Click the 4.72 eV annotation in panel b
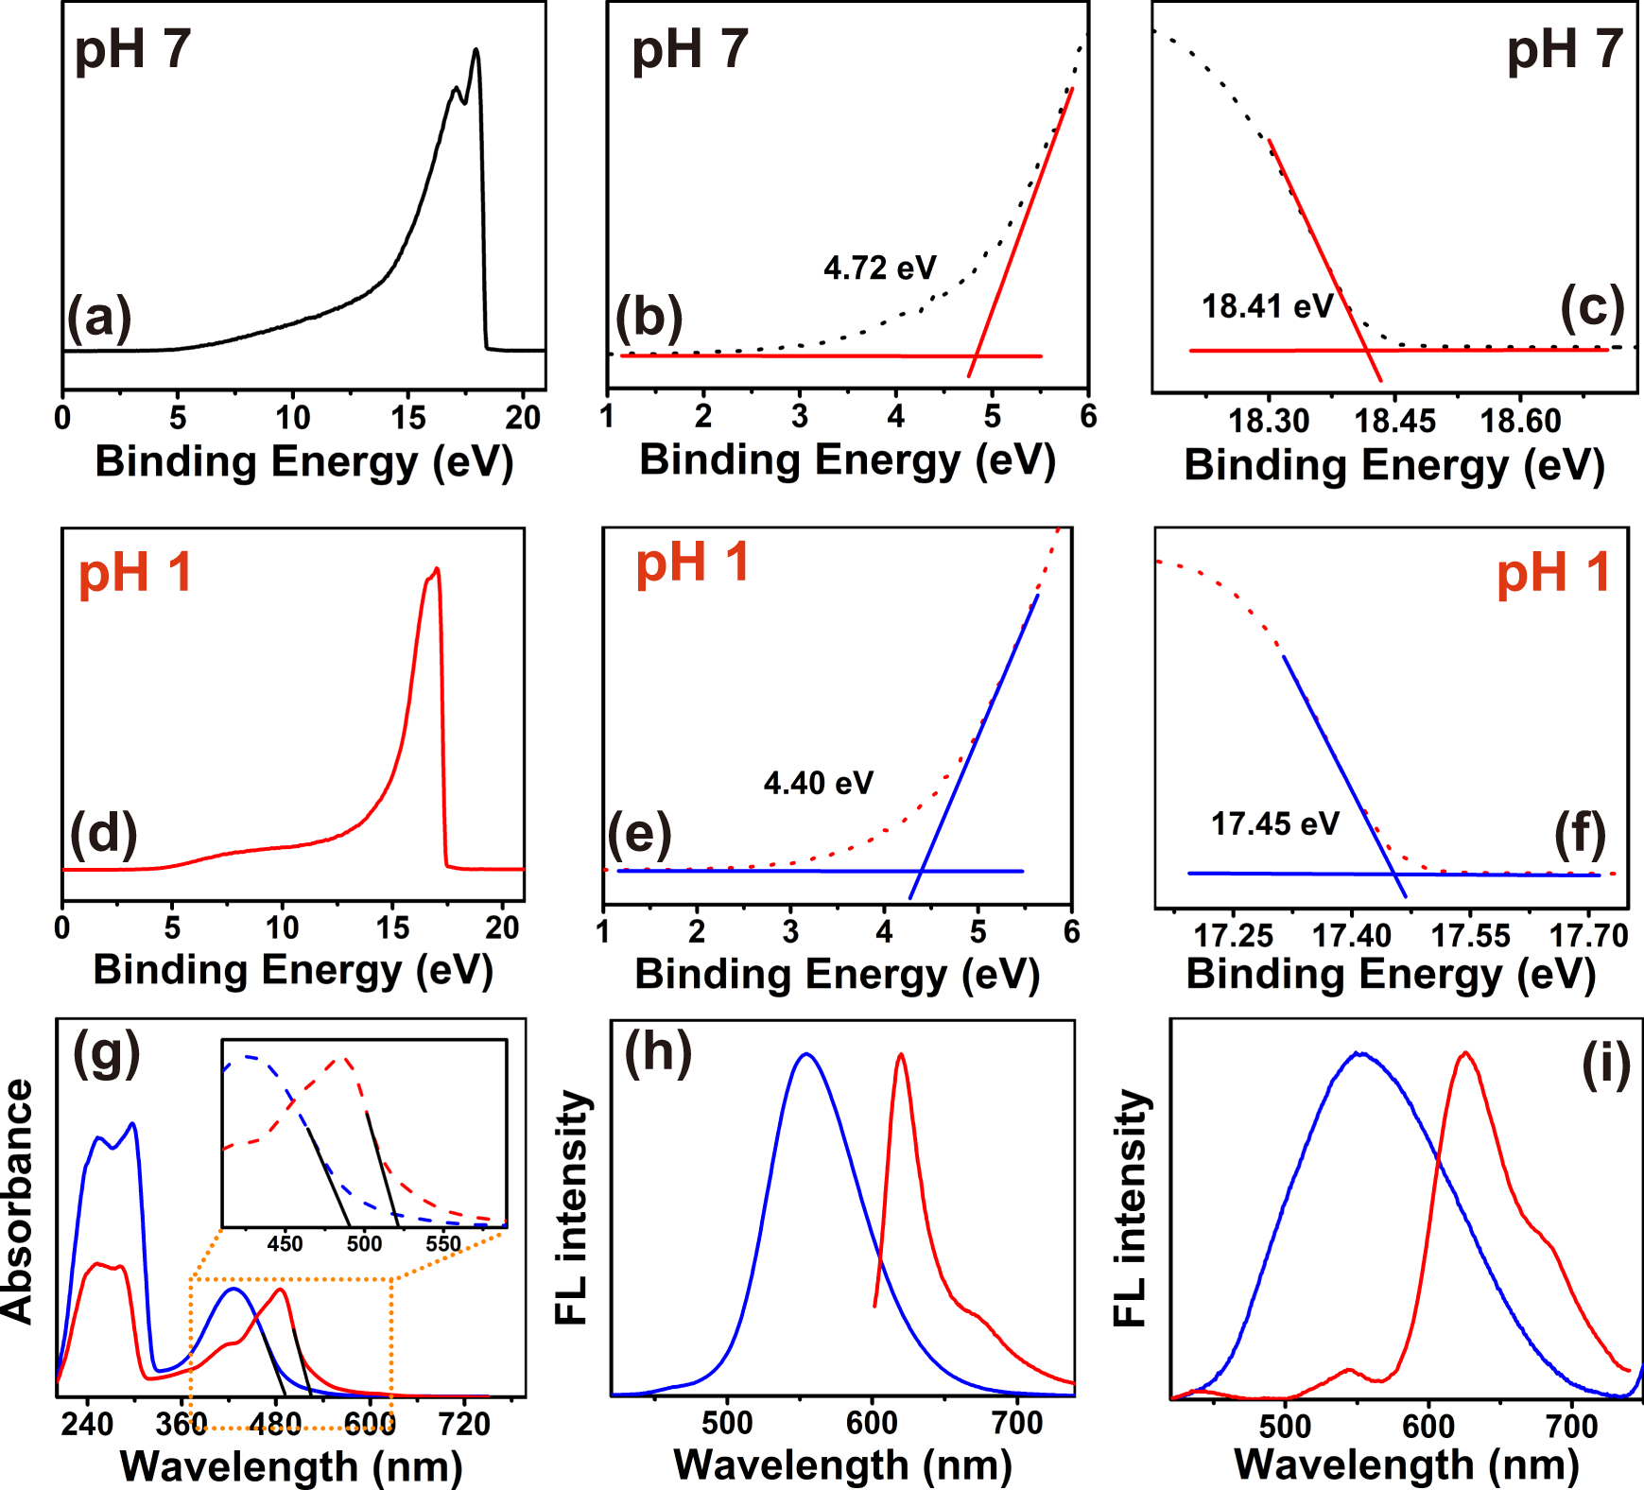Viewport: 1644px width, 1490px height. pos(879,269)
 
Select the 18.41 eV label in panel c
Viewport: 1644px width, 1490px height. pos(1266,307)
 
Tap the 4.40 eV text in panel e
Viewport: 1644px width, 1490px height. pos(818,784)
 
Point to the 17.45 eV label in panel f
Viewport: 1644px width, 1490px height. pos(1274,824)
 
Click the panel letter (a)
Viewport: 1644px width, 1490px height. pos(98,318)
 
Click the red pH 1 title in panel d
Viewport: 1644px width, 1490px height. pos(135,573)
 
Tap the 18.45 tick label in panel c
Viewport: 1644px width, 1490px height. pos(1394,422)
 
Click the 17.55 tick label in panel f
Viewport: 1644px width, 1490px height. pos(1470,936)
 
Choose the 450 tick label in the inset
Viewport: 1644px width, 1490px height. pos(285,1243)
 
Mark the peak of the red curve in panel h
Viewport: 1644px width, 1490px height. pos(901,1054)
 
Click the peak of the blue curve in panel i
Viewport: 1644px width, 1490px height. pos(1359,1052)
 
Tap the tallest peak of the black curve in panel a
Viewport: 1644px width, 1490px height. pos(476,50)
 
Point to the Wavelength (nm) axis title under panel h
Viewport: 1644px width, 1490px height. pos(842,1465)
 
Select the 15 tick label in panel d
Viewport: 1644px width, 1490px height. pos(392,929)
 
